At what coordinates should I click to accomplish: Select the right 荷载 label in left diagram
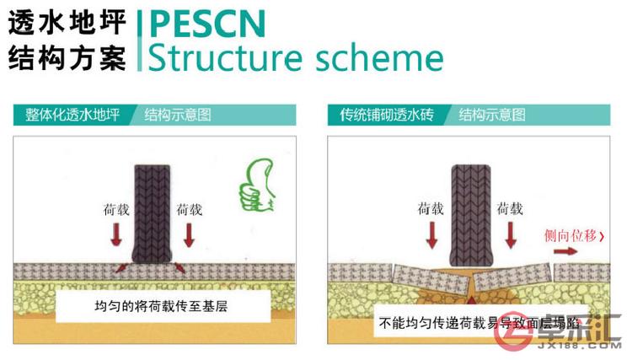(189, 207)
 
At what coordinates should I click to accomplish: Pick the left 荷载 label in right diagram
(431, 207)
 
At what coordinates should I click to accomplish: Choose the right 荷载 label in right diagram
(510, 207)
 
